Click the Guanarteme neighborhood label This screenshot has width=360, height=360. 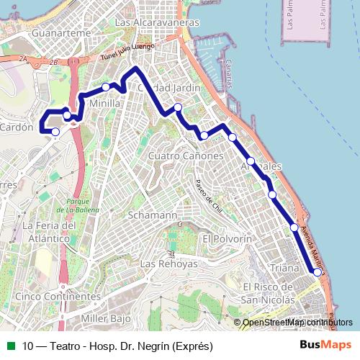(x=45, y=33)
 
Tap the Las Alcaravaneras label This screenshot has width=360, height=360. (x=157, y=22)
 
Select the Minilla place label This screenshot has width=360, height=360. (x=104, y=103)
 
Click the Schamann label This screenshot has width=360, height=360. (x=152, y=215)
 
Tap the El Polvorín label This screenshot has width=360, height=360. (x=227, y=238)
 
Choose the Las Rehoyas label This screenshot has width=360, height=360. (x=168, y=264)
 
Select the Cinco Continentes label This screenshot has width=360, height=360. (x=58, y=296)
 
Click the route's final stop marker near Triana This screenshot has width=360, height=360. (x=318, y=272)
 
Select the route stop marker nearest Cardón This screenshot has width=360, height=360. (x=55, y=132)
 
